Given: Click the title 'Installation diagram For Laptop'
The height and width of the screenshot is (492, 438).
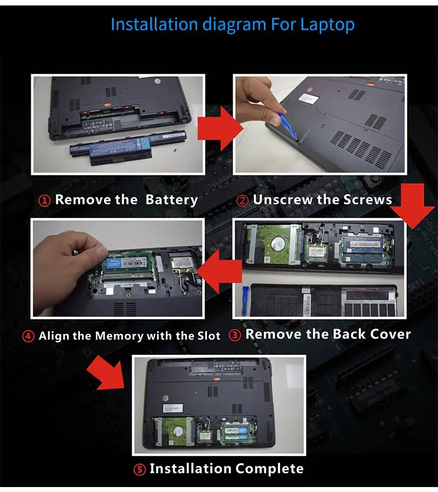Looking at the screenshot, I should [x=233, y=25].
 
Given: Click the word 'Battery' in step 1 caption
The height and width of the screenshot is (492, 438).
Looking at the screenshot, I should [x=171, y=200].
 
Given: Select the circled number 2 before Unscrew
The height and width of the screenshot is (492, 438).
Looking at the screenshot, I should [x=243, y=201].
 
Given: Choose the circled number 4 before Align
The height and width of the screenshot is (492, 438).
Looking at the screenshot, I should [x=28, y=336].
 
